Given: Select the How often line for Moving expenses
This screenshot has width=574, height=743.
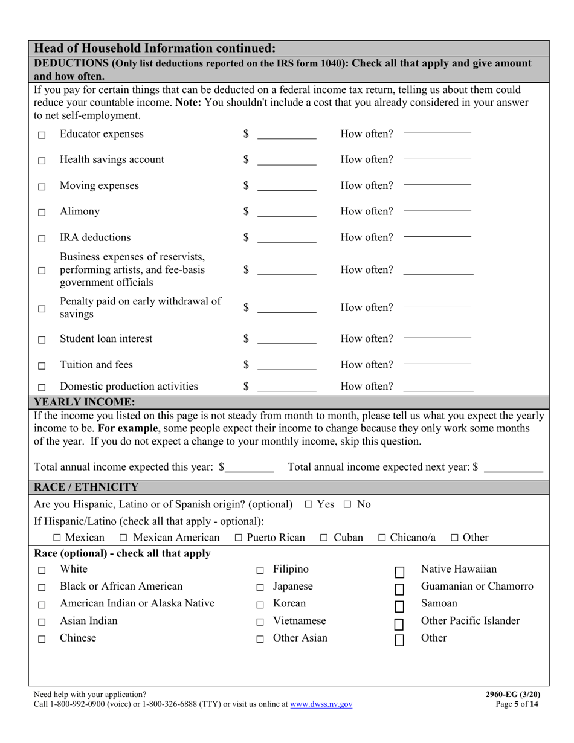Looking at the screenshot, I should pyautogui.click(x=437, y=185).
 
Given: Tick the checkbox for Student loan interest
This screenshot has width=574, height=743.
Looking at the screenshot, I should pyautogui.click(x=42, y=340).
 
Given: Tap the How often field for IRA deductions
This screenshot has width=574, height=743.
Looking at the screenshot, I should pyautogui.click(x=437, y=237).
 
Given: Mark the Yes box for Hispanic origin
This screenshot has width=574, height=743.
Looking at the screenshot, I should pyautogui.click(x=309, y=504).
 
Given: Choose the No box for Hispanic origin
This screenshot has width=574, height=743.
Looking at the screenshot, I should pyautogui.click(x=349, y=504).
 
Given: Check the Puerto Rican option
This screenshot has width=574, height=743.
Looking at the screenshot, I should pyautogui.click(x=238, y=538).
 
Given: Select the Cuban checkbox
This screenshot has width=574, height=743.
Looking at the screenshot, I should pyautogui.click(x=324, y=538).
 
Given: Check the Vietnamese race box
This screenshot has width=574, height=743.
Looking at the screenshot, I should pyautogui.click(x=260, y=622).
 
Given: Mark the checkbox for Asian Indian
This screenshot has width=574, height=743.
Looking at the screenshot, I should pyautogui.click(x=42, y=622).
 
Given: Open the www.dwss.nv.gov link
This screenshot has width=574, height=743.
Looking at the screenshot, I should pyautogui.click(x=321, y=704).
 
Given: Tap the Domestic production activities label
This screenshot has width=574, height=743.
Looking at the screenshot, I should pyautogui.click(x=129, y=386).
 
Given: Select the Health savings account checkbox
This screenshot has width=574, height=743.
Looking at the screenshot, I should pyautogui.click(x=42, y=161).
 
